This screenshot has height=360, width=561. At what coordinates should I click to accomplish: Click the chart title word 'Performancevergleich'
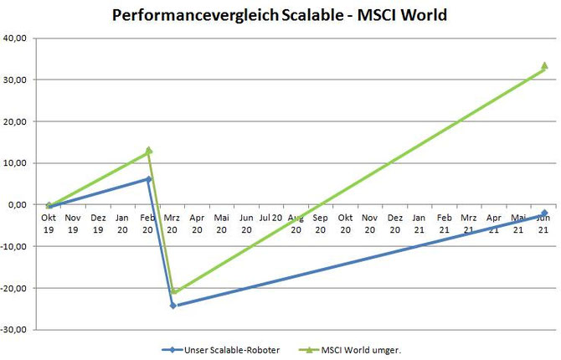(x=195, y=16)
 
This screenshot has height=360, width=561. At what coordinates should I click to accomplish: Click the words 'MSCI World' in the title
(x=402, y=15)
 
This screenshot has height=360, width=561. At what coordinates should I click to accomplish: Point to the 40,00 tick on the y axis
(x=15, y=38)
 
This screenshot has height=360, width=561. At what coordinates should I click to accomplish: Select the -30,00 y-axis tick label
(x=13, y=330)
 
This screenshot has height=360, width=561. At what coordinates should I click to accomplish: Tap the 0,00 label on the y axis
(x=18, y=204)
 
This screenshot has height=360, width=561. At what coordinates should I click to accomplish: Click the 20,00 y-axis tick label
(x=15, y=121)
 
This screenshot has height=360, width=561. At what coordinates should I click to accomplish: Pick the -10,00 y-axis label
(x=13, y=247)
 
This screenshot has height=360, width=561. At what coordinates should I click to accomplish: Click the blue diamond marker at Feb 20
(x=149, y=179)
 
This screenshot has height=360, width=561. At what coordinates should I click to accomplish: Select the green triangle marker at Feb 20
(x=149, y=151)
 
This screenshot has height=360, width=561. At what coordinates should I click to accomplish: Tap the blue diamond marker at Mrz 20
(x=173, y=306)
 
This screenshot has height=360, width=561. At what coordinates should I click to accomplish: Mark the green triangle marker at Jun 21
(x=544, y=65)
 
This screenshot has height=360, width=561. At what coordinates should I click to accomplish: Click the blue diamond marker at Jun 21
(x=544, y=213)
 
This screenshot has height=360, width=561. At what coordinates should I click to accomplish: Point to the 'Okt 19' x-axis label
(x=49, y=224)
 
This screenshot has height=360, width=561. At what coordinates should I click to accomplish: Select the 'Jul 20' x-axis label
(x=270, y=218)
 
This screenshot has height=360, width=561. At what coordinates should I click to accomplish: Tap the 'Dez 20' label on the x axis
(x=394, y=224)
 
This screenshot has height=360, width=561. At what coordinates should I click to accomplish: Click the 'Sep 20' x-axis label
(x=320, y=224)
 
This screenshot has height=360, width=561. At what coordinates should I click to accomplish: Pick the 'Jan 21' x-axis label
(x=419, y=224)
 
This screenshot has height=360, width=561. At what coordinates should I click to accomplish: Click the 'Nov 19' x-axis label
(x=73, y=224)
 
